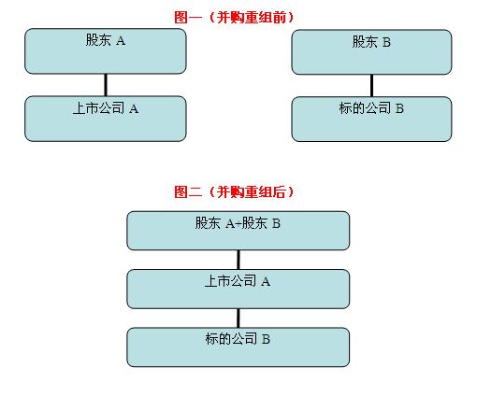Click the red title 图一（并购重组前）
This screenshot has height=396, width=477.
coord(234,17)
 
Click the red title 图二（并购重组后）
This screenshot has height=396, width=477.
coord(234,191)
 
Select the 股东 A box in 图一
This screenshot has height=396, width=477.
coord(106,51)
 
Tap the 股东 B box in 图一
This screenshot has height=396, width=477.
coord(371,52)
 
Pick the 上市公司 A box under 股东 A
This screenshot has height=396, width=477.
coord(106,119)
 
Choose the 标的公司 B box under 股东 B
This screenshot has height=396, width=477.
coord(371,120)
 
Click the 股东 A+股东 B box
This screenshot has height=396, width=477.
coord(238,231)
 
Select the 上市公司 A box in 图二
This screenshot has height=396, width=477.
coord(238,289)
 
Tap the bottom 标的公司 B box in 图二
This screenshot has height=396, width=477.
coord(238,347)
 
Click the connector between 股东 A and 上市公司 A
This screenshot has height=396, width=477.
coord(106,85)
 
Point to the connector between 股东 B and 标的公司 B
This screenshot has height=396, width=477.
coord(371,86)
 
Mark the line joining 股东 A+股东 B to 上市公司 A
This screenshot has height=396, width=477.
coord(238,260)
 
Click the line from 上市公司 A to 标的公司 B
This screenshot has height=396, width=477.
coord(238,318)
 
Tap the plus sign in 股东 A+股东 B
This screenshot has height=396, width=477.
coord(238,224)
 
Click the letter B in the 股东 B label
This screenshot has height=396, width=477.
coord(386,42)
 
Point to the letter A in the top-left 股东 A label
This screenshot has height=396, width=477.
coord(121,41)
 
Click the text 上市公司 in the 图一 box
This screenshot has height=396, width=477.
coord(99,108)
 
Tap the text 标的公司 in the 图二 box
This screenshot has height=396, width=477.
coord(231,339)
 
